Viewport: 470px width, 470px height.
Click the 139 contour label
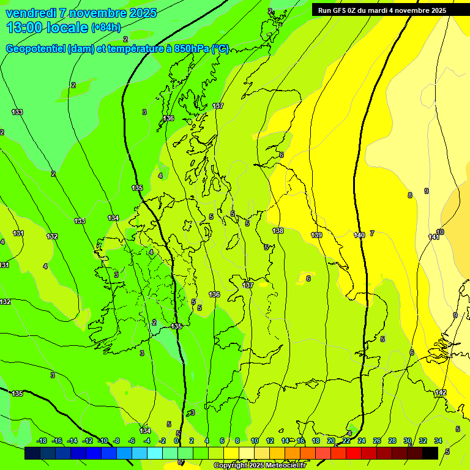[316, 235]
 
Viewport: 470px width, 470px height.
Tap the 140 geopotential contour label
[359, 235]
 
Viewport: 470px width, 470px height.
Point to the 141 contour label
[433, 237]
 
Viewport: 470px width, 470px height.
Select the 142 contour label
[441, 392]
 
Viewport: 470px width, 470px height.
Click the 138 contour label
[278, 231]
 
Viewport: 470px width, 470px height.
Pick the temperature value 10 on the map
[440, 232]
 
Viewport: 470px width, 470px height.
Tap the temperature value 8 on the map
[410, 195]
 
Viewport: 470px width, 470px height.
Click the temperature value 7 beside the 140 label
[371, 233]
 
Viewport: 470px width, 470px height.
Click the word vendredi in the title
[31, 13]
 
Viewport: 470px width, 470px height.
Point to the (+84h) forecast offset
[105, 28]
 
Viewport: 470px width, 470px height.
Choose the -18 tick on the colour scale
[42, 441]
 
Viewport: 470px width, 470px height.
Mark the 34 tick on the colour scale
[438, 441]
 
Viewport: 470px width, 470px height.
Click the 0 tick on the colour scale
[176, 441]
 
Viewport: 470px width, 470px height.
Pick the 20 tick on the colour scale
[330, 441]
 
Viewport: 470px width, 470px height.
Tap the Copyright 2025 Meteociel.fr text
[259, 466]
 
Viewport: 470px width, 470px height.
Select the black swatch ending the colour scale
[430, 453]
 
